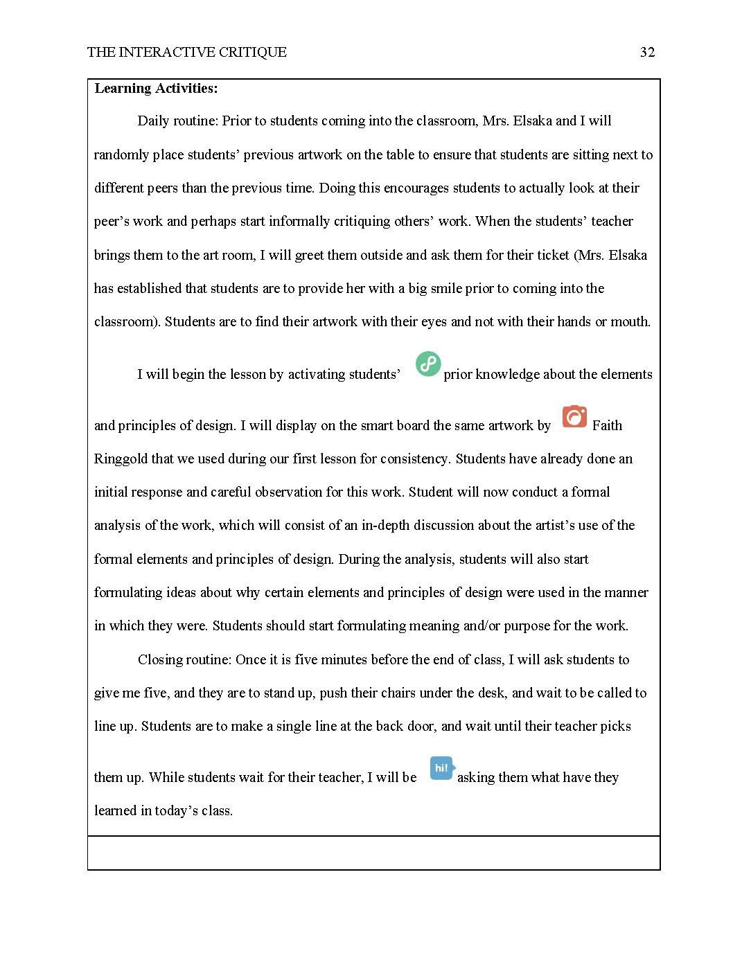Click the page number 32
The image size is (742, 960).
click(x=647, y=53)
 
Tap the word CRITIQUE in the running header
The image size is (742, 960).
click(x=251, y=53)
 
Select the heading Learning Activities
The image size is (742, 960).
click(x=156, y=89)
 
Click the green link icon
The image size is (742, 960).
click(x=428, y=364)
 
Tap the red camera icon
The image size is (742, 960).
click(x=574, y=416)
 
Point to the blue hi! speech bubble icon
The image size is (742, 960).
click(x=442, y=767)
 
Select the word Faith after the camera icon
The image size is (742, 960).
click(x=607, y=425)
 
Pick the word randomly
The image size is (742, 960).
click(x=121, y=155)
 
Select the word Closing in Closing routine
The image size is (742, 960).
click(x=161, y=659)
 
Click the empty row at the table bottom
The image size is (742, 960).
click(x=373, y=853)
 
